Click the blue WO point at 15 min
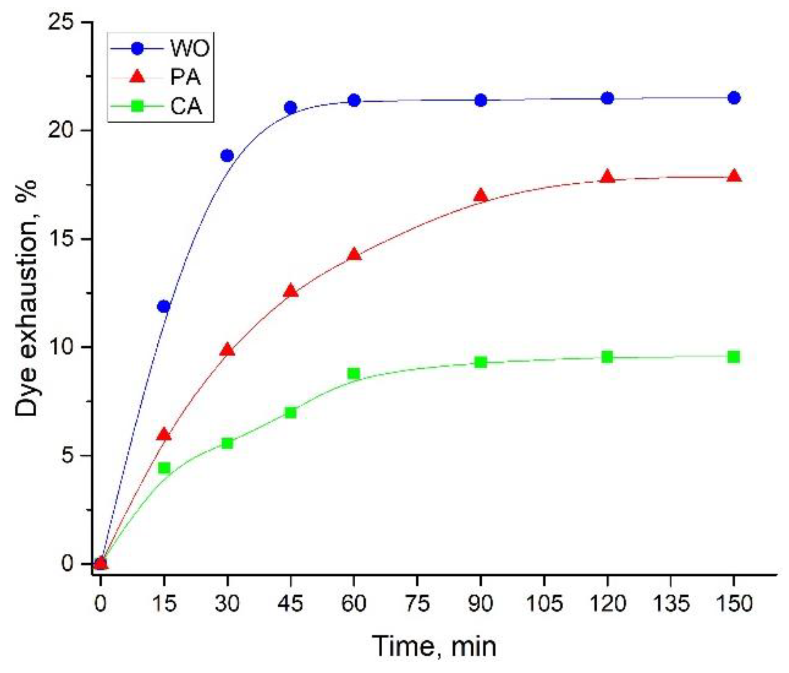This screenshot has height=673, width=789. [x=164, y=307]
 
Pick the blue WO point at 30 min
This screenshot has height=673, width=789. [x=227, y=156]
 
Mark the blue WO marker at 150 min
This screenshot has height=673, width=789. [x=734, y=98]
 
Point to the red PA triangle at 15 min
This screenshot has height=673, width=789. [x=164, y=435]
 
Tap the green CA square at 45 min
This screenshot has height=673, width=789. [x=291, y=412]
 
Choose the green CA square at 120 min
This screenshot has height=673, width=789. [x=607, y=357]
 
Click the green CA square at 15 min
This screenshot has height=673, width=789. [x=164, y=468]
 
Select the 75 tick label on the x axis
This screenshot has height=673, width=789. [x=418, y=604]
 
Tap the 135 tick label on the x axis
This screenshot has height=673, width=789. [x=670, y=604]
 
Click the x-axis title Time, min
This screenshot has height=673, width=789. [x=434, y=646]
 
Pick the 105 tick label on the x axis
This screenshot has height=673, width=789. [x=543, y=604]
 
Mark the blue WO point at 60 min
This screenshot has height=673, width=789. [x=354, y=100]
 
